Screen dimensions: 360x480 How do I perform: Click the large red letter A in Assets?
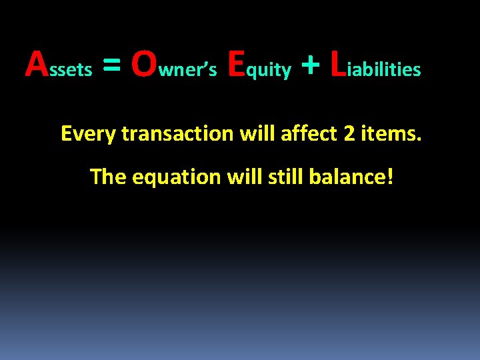tap(37, 65)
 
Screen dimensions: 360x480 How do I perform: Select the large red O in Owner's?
tap(145, 65)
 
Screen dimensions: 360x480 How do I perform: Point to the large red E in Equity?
tap(237, 65)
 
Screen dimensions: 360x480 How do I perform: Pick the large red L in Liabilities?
tap(338, 65)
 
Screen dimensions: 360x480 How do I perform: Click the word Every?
tap(88, 135)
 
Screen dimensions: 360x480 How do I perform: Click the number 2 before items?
tap(349, 134)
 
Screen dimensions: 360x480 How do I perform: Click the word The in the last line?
tap(108, 177)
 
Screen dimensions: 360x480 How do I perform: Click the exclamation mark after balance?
tap(390, 177)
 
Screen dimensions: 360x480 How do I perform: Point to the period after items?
tap(419, 141)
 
